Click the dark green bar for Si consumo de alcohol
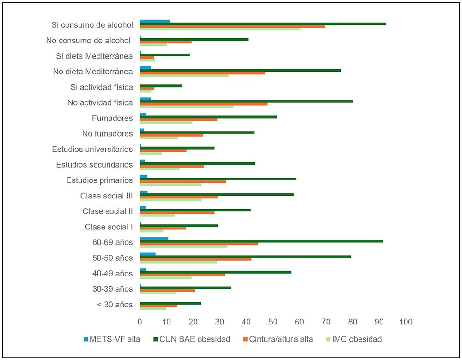tap(263, 24)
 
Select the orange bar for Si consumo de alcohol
tap(232, 26)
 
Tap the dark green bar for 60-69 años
tap(261, 241)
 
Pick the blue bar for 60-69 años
tap(154, 239)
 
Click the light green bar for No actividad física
tap(187, 107)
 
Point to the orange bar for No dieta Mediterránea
tap(202, 73)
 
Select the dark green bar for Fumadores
tap(208, 117)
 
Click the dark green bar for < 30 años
tap(170, 303)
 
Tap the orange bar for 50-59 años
tap(195, 259)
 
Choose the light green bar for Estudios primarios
tap(170, 184)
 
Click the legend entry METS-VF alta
tap(117, 339)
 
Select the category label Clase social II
tap(108, 211)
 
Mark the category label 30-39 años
tap(113, 289)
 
